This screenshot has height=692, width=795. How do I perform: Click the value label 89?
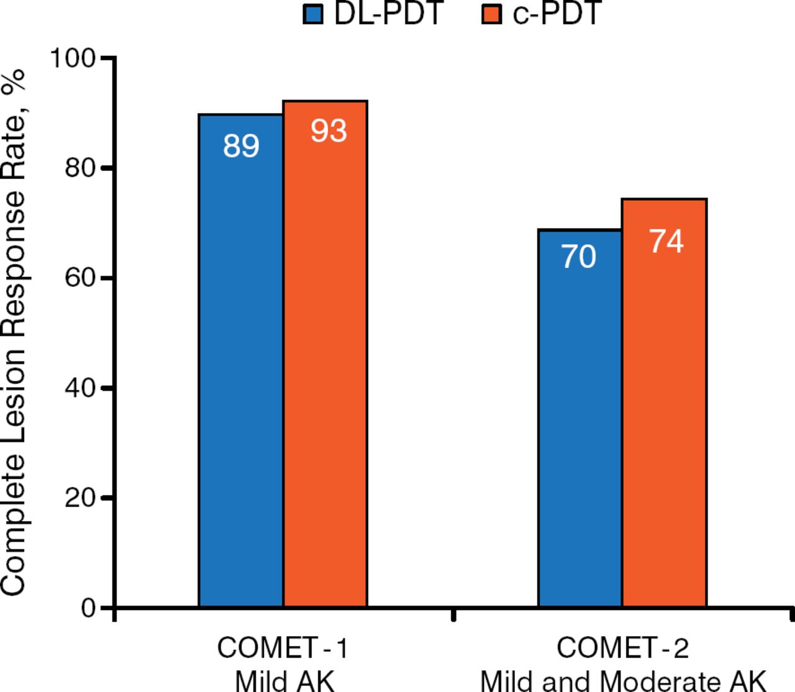click(x=241, y=147)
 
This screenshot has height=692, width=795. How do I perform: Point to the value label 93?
click(x=329, y=131)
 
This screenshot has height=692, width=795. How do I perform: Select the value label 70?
click(x=579, y=257)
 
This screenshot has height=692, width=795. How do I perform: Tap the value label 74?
click(x=666, y=242)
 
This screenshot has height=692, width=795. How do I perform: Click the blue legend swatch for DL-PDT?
click(x=313, y=14)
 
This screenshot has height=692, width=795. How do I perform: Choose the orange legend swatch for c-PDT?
click(x=491, y=14)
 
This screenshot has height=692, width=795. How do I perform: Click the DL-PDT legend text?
click(x=388, y=14)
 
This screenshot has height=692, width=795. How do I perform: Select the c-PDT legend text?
click(x=556, y=14)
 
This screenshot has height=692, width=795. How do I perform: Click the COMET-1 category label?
click(x=283, y=649)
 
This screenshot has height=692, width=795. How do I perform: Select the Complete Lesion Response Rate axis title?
click(x=14, y=332)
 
